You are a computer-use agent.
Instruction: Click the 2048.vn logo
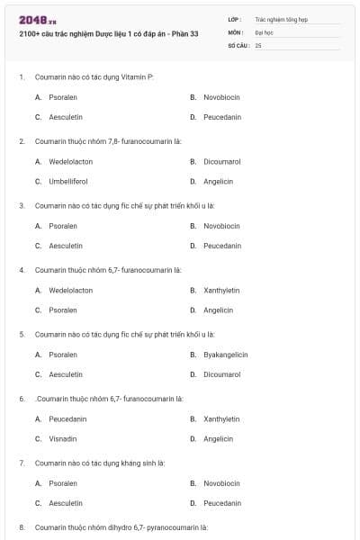38,20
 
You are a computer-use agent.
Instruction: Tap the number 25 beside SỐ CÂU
258,44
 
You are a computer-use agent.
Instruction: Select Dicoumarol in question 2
221,161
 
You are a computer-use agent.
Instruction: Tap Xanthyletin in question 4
221,291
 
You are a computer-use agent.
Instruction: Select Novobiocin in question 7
221,483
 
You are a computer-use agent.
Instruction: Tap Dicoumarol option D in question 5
221,374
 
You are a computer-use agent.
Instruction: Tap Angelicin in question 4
218,310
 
